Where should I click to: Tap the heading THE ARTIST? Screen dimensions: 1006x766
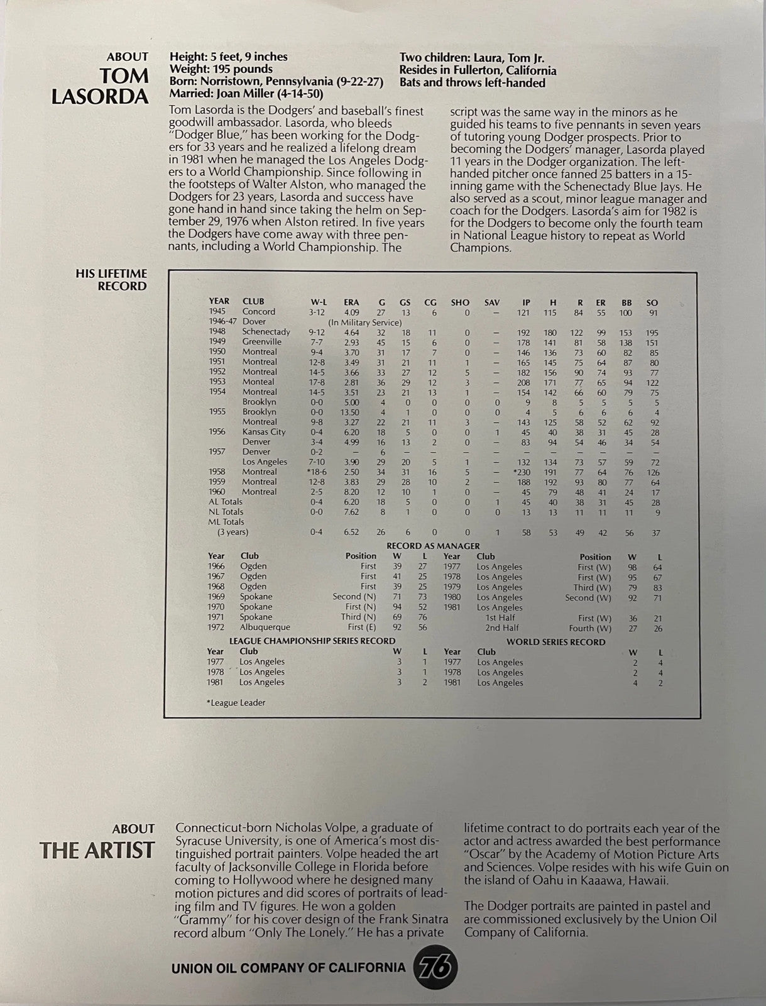point(97,851)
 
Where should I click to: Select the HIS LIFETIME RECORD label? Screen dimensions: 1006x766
point(111,280)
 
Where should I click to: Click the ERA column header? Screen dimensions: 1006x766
point(351,302)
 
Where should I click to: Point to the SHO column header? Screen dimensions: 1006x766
point(460,302)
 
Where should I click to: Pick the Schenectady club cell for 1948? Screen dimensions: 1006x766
point(266,332)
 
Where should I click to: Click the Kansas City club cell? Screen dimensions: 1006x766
point(264,432)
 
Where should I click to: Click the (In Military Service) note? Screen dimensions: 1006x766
point(365,322)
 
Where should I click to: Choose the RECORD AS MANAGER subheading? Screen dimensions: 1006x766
point(433,546)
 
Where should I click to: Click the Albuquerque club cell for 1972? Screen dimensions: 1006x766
point(265,627)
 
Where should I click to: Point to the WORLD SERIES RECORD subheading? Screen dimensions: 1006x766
point(555,642)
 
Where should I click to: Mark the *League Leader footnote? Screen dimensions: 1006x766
point(236,702)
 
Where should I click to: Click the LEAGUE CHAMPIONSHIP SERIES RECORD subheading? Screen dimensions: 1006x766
point(312,641)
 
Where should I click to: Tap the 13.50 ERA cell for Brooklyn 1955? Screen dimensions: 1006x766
point(351,412)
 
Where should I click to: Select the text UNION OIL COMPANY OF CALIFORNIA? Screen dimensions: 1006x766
point(288,967)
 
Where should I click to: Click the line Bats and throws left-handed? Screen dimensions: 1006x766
point(473,83)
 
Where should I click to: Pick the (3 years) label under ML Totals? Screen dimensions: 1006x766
point(233,532)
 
